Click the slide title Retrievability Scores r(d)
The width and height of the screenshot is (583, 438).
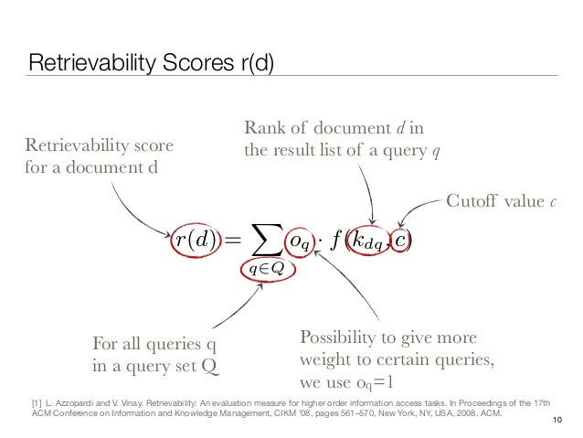(x=151, y=63)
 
